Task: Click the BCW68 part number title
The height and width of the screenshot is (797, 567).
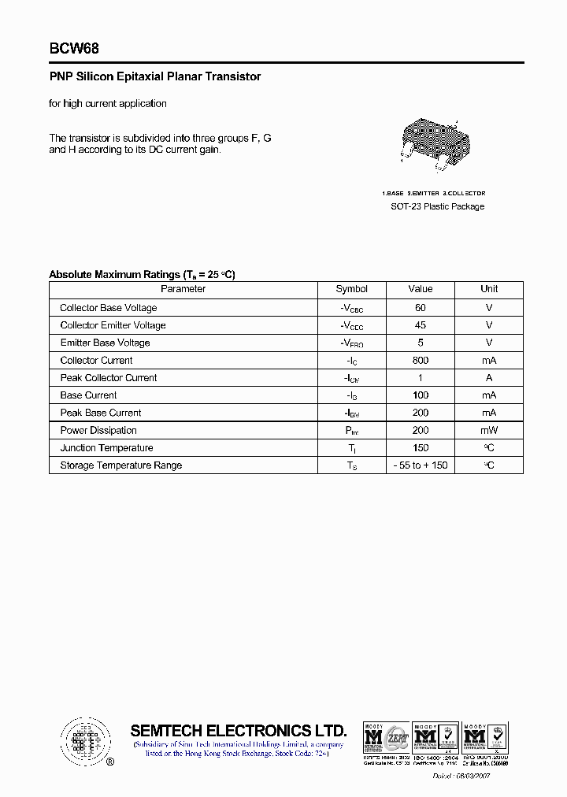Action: pyautogui.click(x=74, y=49)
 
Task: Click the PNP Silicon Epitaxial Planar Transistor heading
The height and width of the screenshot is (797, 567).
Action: pyautogui.click(x=154, y=77)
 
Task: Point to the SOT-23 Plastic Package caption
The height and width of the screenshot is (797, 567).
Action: pyautogui.click(x=438, y=206)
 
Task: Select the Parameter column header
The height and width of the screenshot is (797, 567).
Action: pyautogui.click(x=183, y=289)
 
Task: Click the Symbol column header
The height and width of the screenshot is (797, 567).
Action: pyautogui.click(x=351, y=289)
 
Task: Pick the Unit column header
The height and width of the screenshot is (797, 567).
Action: pyautogui.click(x=489, y=289)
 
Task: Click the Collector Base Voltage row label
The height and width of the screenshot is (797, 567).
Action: pyautogui.click(x=109, y=308)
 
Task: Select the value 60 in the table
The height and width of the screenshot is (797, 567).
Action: pyautogui.click(x=421, y=308)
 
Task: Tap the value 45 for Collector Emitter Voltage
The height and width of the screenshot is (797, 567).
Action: pyautogui.click(x=421, y=325)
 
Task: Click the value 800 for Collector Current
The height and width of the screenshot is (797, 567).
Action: pyautogui.click(x=421, y=360)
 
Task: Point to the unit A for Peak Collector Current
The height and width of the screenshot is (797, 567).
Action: pyautogui.click(x=489, y=378)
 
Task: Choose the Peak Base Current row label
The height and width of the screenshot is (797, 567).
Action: pyautogui.click(x=101, y=413)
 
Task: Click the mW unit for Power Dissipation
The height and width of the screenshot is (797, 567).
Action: pyautogui.click(x=489, y=431)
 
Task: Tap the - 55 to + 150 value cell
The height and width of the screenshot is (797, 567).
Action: pyautogui.click(x=421, y=465)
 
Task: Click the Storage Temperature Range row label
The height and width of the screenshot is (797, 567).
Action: pyautogui.click(x=120, y=465)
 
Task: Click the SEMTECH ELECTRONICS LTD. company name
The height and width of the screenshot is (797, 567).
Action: pyautogui.click(x=238, y=730)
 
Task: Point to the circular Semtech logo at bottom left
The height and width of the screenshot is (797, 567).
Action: pyautogui.click(x=86, y=741)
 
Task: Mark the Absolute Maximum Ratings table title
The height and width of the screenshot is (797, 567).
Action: pyautogui.click(x=142, y=274)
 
